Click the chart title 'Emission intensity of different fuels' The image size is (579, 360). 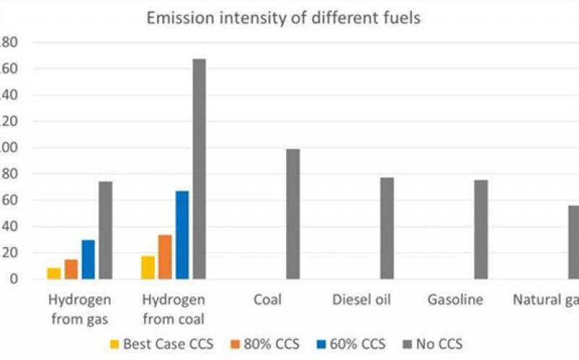pos(284,18)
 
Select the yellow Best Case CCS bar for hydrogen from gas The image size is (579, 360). pos(54,274)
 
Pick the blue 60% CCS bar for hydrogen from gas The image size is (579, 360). pos(88,259)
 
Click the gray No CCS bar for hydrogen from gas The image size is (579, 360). pos(106,230)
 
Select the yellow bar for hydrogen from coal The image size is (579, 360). pos(148,267)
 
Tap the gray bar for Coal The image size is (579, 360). pos(292,214)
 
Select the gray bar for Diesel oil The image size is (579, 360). pos(387,228)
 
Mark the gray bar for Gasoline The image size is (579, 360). pos(481,230)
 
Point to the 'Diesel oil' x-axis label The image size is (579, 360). pos(361,300)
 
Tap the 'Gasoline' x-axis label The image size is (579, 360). pos(455,300)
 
